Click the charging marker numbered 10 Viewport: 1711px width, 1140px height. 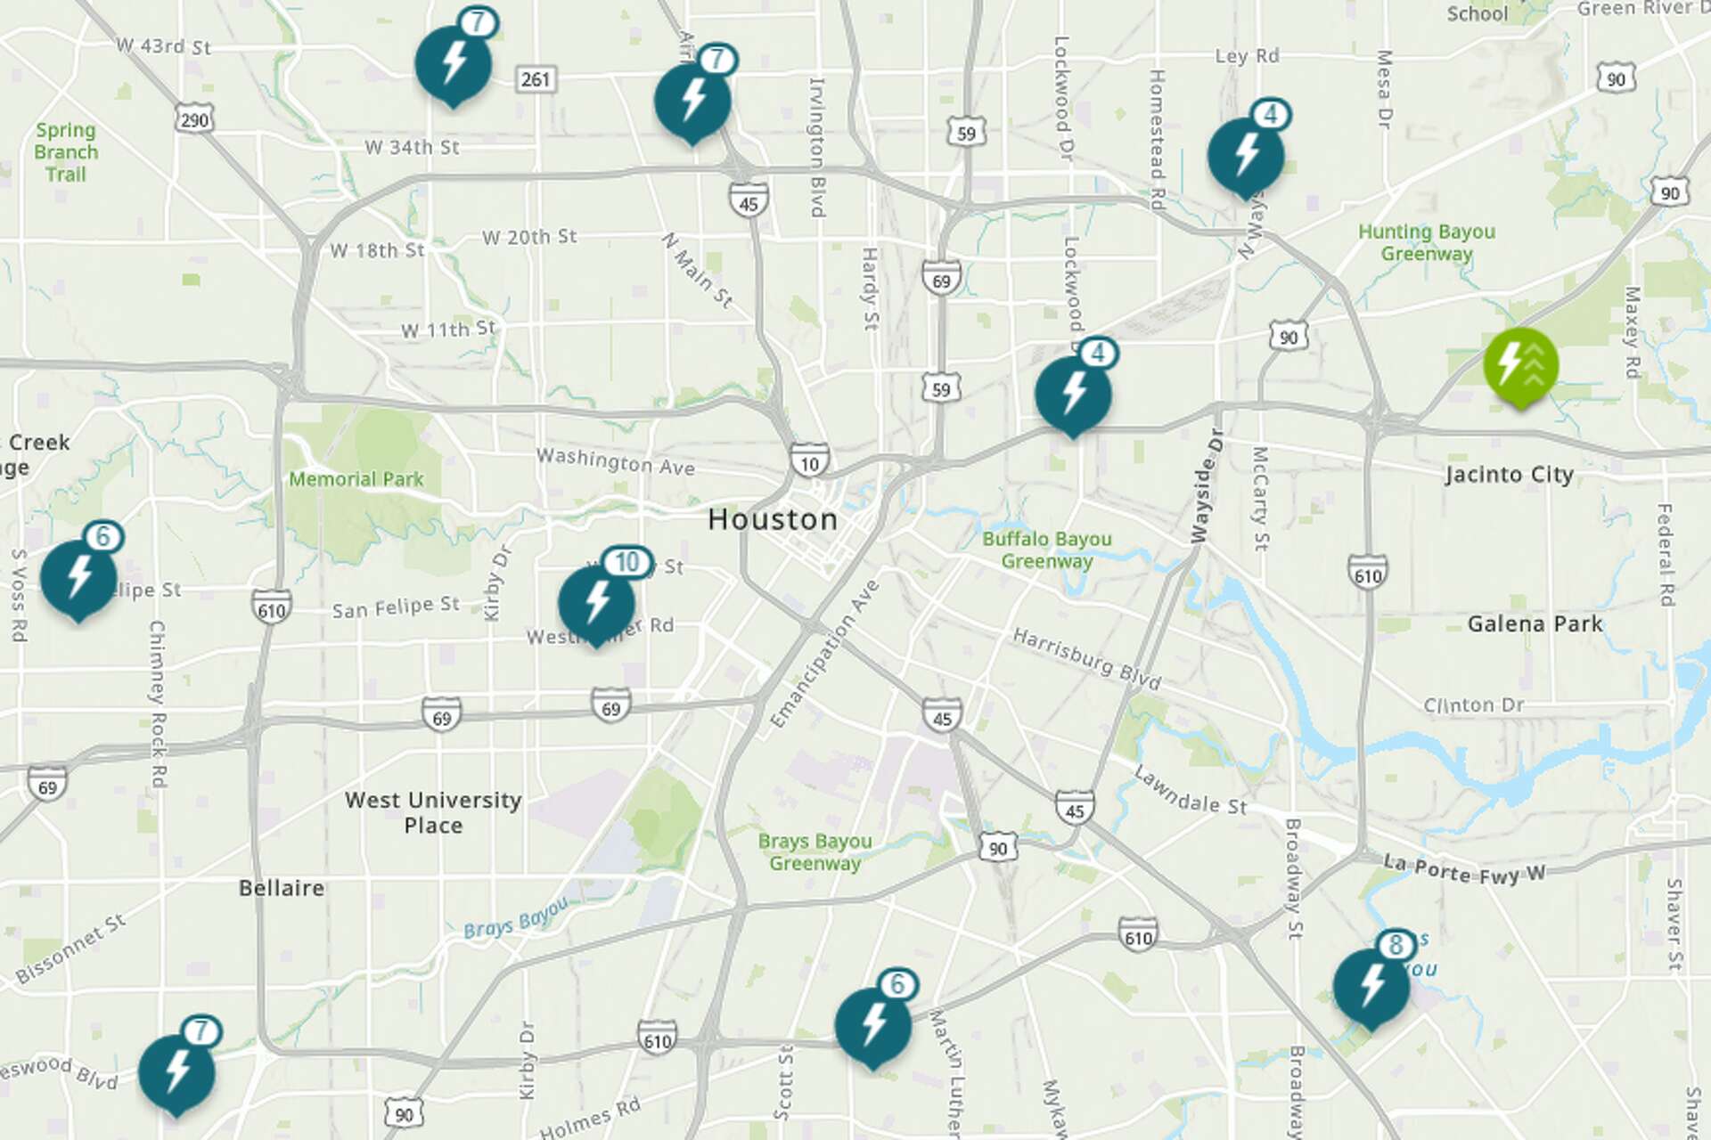pos(597,602)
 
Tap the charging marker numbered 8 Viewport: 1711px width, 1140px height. pos(1371,985)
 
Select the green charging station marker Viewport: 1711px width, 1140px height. pos(1520,365)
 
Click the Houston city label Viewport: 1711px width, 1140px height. pos(773,519)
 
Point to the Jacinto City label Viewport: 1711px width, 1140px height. pos(1509,474)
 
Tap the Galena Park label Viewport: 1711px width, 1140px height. pos(1535,623)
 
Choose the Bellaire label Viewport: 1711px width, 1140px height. pos(282,888)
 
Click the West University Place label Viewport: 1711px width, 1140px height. pos(433,812)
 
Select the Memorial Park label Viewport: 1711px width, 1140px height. pos(356,479)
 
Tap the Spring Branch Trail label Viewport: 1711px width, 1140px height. pos(66,152)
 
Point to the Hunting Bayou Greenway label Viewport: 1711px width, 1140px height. pos(1426,242)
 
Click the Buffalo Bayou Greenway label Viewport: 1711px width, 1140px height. pos(1046,550)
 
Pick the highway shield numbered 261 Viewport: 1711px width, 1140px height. pos(536,79)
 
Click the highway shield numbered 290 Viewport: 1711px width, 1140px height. pos(194,119)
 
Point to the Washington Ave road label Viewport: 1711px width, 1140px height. pos(615,461)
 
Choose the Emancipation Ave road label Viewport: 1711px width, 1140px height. pos(824,654)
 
